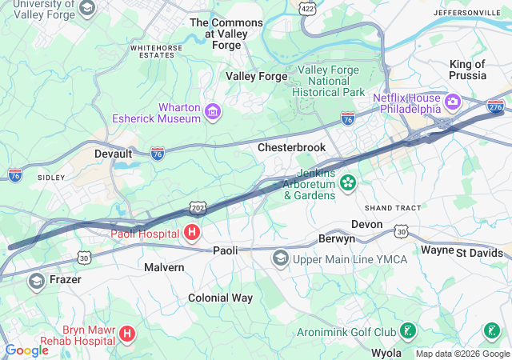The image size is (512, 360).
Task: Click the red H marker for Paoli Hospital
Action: pos(192,234)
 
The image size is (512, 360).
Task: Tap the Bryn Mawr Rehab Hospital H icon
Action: pos(127,333)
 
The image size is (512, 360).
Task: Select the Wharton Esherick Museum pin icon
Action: pos(213,110)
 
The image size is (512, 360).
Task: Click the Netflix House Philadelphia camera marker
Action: pos(454,102)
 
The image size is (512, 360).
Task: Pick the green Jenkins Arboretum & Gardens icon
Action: pos(348,183)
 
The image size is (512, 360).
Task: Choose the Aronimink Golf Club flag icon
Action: pos(408,330)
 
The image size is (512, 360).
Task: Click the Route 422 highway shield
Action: pos(306,8)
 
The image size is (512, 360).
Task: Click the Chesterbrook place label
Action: pos(291,148)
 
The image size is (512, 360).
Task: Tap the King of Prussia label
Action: pos(468,70)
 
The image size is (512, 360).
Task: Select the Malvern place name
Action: pos(164,267)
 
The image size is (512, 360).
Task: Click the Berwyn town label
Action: pos(336,239)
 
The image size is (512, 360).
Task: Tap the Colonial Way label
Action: pos(220,298)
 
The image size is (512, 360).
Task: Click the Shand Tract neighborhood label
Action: pos(393,208)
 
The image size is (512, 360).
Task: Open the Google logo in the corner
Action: pos(26,350)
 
